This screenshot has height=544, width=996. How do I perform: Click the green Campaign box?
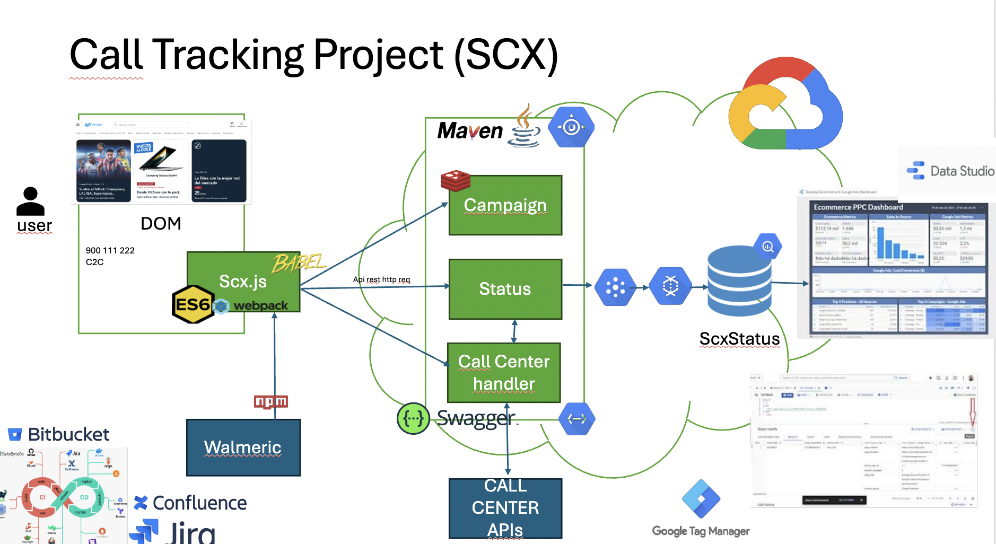(505, 206)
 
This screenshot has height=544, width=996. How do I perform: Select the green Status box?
(505, 289)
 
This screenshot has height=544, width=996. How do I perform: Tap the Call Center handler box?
(504, 372)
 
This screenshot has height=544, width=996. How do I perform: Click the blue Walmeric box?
(243, 448)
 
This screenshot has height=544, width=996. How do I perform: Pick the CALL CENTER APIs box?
(505, 508)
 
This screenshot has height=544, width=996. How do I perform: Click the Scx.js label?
(243, 281)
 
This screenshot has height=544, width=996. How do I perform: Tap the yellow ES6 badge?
(193, 304)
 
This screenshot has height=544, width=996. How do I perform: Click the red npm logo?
(270, 402)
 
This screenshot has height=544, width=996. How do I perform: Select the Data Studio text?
(962, 171)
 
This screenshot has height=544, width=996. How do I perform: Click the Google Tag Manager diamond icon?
(701, 499)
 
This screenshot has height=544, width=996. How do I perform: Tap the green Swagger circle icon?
(413, 419)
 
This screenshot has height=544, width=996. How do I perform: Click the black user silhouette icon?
(31, 201)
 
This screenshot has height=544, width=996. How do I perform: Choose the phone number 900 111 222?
(110, 250)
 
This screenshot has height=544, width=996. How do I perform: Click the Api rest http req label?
(381, 279)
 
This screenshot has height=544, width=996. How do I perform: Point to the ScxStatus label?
(739, 339)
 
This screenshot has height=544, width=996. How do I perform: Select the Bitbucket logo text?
(68, 435)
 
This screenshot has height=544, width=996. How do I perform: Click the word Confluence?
(199, 503)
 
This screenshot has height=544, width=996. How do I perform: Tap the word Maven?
(470, 131)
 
